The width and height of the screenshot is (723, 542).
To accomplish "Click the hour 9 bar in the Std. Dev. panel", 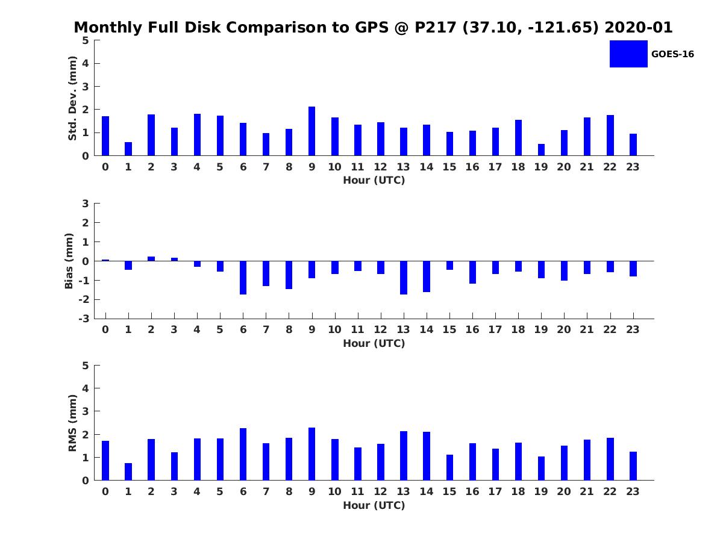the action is pos(311,131).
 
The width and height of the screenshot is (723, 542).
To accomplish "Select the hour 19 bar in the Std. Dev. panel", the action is pos(541,150).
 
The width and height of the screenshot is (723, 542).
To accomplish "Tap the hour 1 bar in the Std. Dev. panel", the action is pos(128,149).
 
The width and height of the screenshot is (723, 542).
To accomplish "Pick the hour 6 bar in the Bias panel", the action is pos(243,278).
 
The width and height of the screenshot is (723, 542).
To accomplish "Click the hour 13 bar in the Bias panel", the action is pos(404,278).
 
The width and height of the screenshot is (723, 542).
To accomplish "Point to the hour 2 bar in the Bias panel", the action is pos(151,259).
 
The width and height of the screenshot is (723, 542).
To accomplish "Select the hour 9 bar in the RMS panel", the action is pos(311,454).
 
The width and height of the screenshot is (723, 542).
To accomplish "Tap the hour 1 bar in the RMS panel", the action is pos(128,472).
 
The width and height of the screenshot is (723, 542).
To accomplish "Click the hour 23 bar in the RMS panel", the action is pos(633,466).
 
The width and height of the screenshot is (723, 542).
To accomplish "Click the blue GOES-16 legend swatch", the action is pos(628,54).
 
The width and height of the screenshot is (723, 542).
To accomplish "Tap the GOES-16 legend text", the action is pos(672,54).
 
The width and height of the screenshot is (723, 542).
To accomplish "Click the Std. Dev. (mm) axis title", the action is pos(72,98).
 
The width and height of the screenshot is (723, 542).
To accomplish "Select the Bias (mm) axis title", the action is pos(69,261).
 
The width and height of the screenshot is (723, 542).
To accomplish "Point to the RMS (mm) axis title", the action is pos(72,423).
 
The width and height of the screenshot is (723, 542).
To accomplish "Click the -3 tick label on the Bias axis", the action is pos(84,319).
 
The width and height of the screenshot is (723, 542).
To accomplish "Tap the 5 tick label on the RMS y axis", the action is pos(86,366).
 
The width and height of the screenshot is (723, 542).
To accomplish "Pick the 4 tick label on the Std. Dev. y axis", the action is pos(86,63).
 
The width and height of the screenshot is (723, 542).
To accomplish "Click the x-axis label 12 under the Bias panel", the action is pos(380,329).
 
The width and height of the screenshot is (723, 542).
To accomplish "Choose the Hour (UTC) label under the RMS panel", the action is pos(374,505).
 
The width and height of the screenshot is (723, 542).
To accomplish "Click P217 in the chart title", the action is pos(436,27).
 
